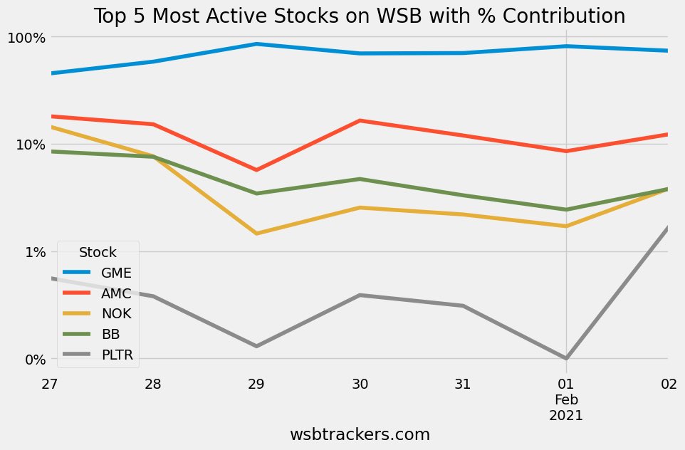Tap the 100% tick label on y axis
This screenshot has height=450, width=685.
(26, 37)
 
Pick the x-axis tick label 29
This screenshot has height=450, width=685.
(256, 384)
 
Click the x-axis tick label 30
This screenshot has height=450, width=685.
(360, 384)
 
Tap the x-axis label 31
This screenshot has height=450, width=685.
(463, 384)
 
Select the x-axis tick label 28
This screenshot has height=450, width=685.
(153, 384)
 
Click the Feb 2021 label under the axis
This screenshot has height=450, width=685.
(566, 407)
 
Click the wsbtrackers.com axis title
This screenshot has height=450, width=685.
(360, 434)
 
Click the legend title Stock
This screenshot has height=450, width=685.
(98, 251)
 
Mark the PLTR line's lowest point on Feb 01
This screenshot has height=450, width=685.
(566, 358)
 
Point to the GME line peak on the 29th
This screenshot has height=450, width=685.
(256, 44)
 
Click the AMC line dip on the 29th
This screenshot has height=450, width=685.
(256, 170)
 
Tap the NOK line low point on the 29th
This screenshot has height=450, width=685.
(256, 234)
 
